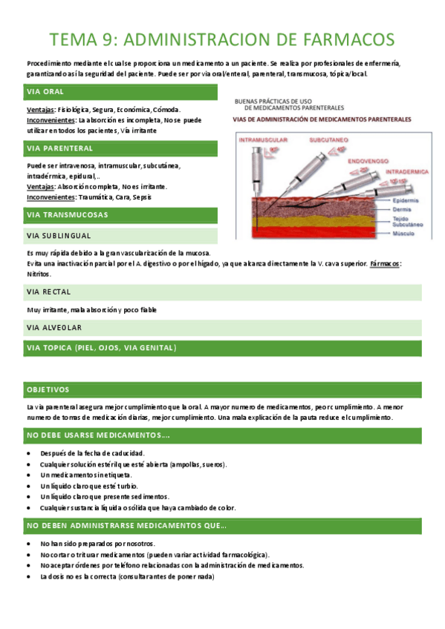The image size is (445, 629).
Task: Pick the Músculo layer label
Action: [x=403, y=233]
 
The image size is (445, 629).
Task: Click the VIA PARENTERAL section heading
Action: [x=59, y=149]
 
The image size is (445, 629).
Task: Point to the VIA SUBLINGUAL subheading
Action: [x=59, y=236]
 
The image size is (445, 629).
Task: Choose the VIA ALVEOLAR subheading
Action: [x=54, y=327]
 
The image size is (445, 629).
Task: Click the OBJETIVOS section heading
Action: [x=48, y=389]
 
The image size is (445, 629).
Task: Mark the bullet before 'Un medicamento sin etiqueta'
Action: [x=28, y=475]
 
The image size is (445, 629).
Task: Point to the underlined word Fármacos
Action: [x=384, y=263]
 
